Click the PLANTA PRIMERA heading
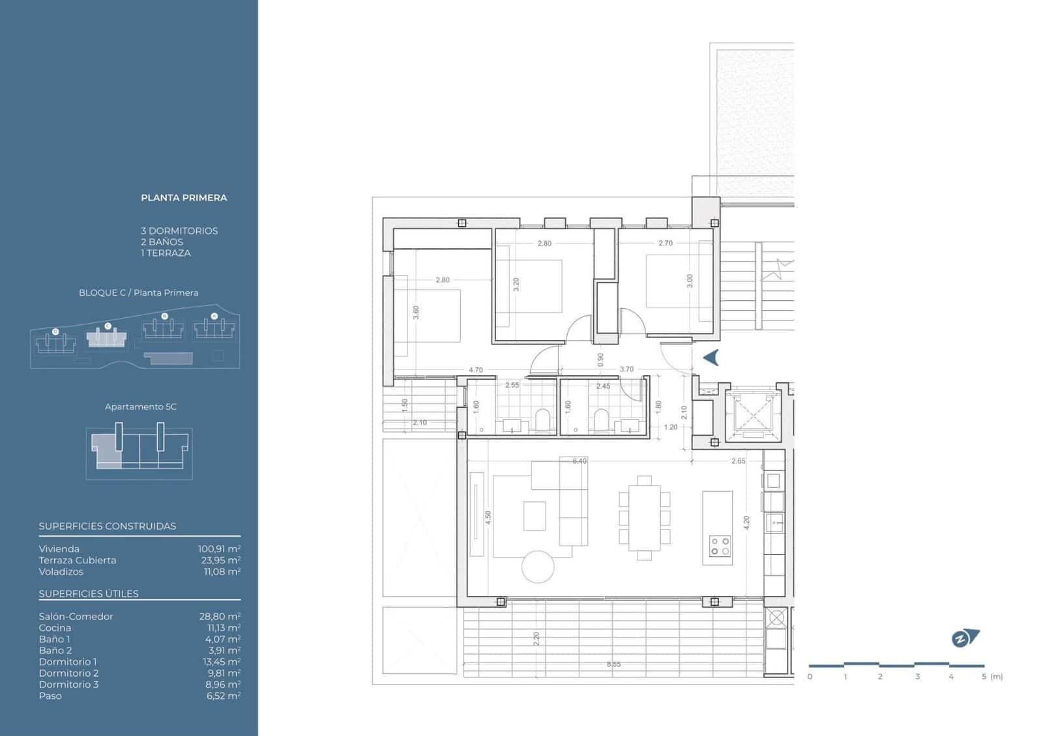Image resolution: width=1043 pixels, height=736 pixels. coord(184,197)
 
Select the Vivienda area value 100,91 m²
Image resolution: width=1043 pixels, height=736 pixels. coord(219,549)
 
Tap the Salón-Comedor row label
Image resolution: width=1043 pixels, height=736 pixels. coord(76,616)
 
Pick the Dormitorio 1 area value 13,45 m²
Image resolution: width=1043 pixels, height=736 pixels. coord(219,662)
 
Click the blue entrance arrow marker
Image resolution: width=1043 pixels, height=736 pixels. coord(711,358)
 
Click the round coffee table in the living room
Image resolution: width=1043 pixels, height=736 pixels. coord(538,567)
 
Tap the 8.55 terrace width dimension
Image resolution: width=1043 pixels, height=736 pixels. coord(613,664)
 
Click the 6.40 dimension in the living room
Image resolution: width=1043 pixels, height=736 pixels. coord(579,461)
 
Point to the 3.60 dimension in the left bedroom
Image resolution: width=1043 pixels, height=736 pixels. coord(416,313)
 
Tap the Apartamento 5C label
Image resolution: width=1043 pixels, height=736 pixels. coord(141,406)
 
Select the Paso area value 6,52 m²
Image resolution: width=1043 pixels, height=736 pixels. coord(219,696)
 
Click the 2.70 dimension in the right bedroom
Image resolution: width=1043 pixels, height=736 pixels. coord(665,243)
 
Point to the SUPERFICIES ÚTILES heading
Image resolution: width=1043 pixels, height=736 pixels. coord(89,593)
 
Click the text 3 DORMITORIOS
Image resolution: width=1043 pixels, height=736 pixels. coord(179,231)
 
